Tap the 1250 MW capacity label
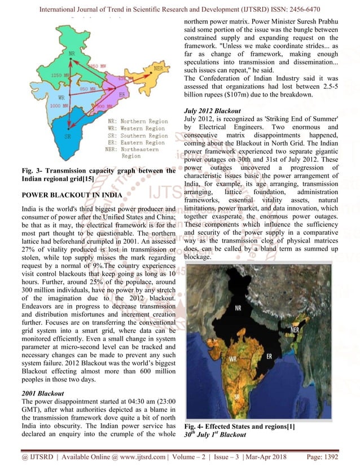(59, 75)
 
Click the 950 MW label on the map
(86, 89)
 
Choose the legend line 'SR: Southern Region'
(137, 135)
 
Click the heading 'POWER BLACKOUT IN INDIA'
(71, 194)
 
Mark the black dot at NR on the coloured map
(71, 58)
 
